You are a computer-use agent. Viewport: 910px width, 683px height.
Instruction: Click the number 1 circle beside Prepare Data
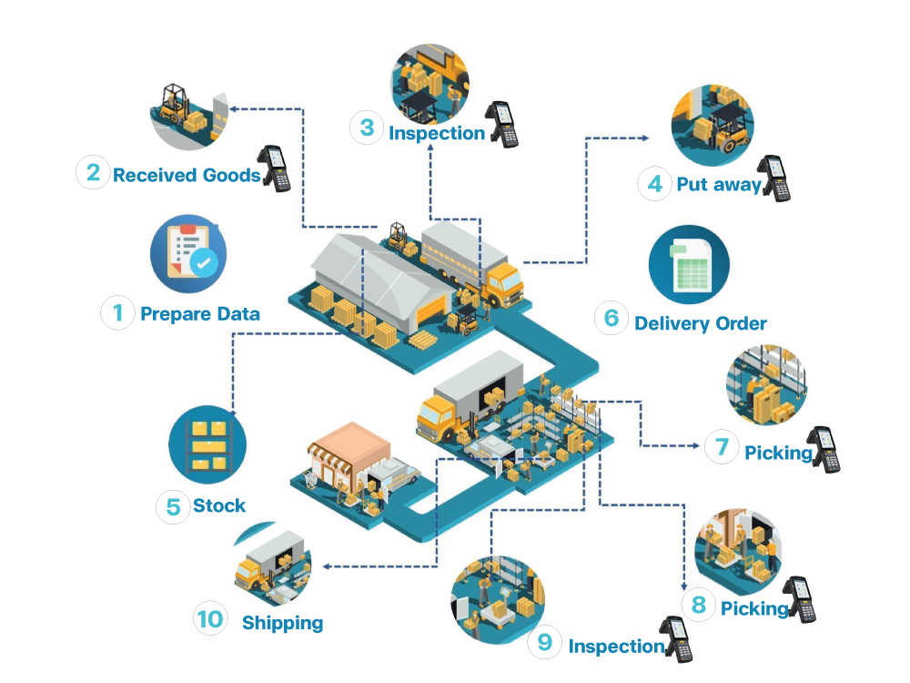click(117, 313)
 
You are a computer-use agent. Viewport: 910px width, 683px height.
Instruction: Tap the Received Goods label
click(187, 175)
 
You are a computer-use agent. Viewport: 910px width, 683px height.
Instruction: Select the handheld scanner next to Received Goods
click(275, 168)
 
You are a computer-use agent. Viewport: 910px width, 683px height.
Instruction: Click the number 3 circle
click(367, 127)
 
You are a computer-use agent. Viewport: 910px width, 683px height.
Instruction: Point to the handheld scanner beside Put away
click(775, 178)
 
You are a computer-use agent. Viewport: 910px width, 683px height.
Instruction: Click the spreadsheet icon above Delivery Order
click(689, 264)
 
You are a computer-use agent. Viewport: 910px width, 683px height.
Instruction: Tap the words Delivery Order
click(701, 323)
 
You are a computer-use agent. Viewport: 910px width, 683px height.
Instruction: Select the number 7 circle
click(722, 446)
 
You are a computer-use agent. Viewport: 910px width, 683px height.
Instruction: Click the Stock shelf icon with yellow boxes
click(207, 444)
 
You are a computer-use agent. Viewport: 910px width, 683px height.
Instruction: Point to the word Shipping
click(282, 623)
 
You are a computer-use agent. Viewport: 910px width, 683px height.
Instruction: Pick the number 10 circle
click(210, 619)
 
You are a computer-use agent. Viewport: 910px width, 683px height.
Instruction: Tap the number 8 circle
click(699, 604)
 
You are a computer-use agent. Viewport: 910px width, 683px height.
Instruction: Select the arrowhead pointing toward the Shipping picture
click(326, 566)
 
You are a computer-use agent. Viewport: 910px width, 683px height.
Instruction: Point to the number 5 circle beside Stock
click(172, 506)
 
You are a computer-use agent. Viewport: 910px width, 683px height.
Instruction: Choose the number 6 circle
click(612, 318)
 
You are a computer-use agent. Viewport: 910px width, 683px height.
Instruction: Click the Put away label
click(718, 185)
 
